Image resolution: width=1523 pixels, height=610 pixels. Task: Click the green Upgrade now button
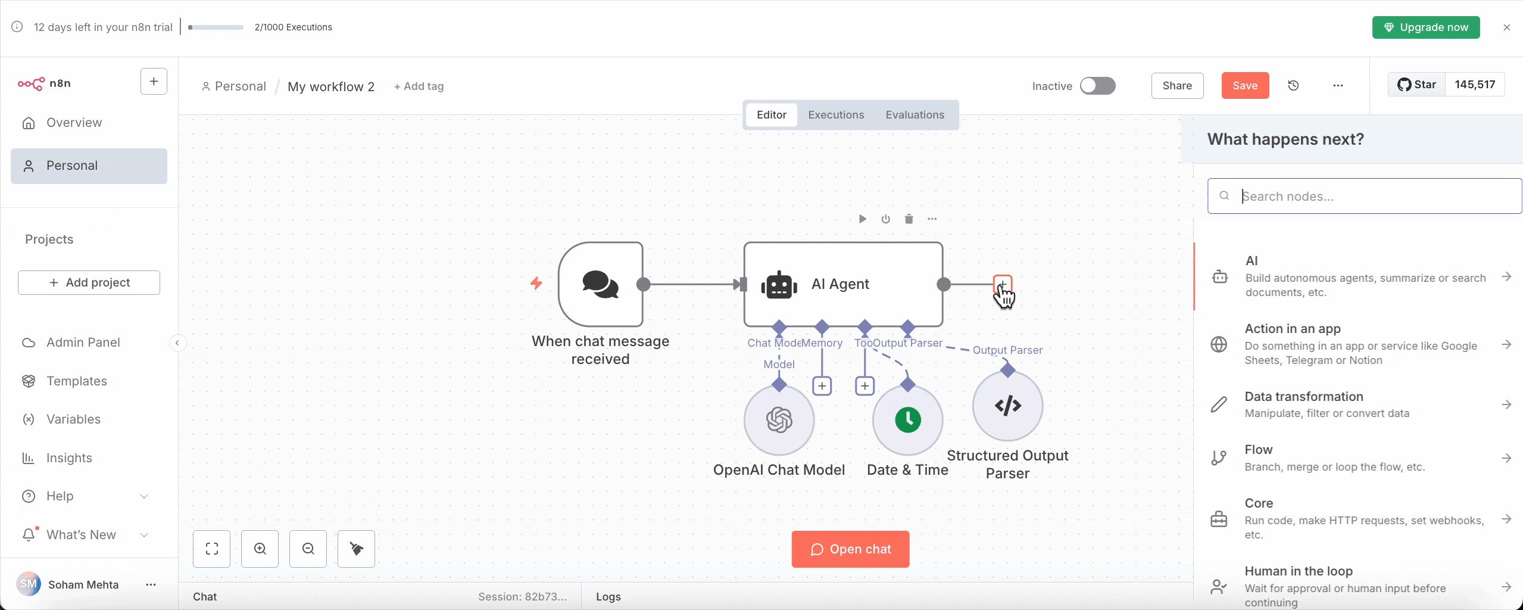point(1425,27)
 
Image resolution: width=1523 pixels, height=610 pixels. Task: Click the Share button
point(1176,86)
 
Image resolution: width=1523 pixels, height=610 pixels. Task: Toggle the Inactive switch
point(1097,86)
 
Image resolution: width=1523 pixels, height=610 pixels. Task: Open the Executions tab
point(835,115)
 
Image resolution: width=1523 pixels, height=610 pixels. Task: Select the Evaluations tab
point(915,115)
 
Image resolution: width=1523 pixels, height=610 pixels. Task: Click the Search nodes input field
point(1369,196)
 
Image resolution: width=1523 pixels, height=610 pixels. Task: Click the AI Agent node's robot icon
point(779,285)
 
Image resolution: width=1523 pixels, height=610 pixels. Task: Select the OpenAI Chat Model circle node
point(779,420)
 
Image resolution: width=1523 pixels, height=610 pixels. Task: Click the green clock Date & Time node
point(907,420)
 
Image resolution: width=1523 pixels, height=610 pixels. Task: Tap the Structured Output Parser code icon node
point(1007,406)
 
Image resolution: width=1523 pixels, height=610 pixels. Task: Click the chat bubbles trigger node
point(600,284)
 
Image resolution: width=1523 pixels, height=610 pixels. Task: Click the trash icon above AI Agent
point(909,219)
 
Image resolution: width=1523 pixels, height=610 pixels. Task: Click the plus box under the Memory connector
point(822,386)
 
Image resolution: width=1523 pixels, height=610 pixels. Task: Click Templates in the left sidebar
point(76,381)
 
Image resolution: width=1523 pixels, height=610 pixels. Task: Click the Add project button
point(89,282)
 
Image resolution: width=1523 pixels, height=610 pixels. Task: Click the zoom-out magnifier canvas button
point(308,549)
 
